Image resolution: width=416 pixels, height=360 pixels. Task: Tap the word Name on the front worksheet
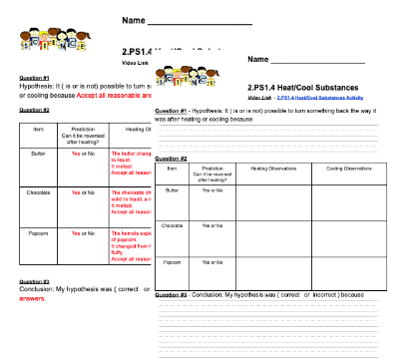[262, 60]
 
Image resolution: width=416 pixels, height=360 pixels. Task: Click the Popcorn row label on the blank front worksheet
[172, 262]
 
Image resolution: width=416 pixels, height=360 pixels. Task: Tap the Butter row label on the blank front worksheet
[172, 189]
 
